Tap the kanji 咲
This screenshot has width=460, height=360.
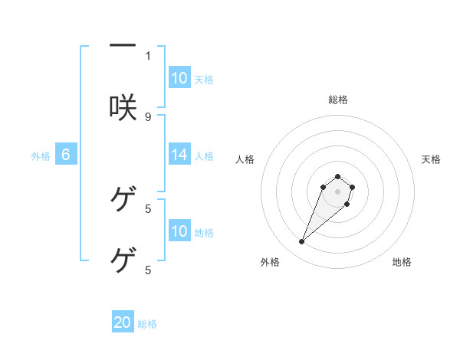[x=123, y=108]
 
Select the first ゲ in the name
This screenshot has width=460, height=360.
[x=123, y=199]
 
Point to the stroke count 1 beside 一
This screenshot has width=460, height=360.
[x=148, y=55]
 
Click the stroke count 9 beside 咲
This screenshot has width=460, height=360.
[x=148, y=116]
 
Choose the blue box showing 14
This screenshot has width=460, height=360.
[x=179, y=155]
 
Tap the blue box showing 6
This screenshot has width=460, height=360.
[x=66, y=155]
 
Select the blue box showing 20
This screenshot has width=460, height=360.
[x=123, y=322]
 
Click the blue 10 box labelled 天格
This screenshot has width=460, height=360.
[x=179, y=78]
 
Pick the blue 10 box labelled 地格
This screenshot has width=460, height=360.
[x=179, y=231]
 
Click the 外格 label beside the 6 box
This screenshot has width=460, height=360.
[x=41, y=155]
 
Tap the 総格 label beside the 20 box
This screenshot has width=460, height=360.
[x=147, y=324]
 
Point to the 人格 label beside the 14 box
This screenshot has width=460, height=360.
[x=204, y=155]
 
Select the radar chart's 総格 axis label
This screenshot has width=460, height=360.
[x=338, y=100]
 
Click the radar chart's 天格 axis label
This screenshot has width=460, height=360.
[x=431, y=159]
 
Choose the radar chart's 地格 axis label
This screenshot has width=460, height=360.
[x=402, y=262]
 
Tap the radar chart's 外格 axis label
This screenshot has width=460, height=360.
[x=270, y=262]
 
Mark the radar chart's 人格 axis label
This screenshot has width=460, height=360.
[x=245, y=159]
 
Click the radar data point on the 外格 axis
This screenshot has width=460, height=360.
[x=302, y=242]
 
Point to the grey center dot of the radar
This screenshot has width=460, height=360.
[x=338, y=191]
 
